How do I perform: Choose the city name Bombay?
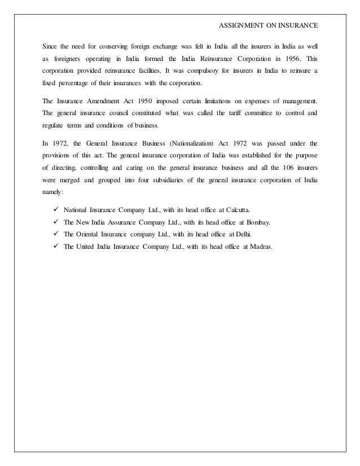click(256, 222)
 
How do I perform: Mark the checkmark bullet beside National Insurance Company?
click(55, 210)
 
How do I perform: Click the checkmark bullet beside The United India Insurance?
click(55, 247)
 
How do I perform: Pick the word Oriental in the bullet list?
click(94, 235)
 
